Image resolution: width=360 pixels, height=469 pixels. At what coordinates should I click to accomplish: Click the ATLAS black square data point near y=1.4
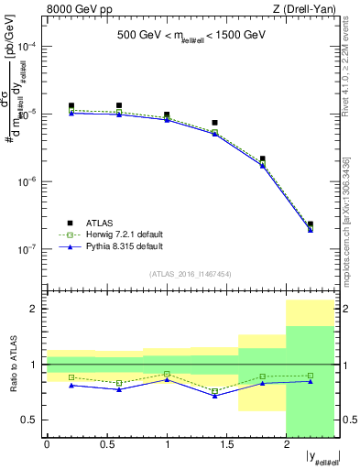(x=214, y=123)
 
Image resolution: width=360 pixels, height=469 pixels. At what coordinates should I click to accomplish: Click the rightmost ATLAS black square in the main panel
(x=311, y=224)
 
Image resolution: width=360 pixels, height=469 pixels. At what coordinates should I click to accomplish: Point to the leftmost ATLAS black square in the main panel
(x=71, y=106)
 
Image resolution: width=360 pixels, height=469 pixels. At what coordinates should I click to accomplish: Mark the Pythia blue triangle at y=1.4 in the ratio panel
(x=214, y=396)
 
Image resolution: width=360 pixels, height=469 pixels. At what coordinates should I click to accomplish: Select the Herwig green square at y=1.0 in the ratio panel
(x=167, y=374)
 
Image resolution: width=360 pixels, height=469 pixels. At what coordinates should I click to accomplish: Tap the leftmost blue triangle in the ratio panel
(x=71, y=385)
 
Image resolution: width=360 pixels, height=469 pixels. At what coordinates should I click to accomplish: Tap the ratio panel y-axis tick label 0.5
(x=31, y=420)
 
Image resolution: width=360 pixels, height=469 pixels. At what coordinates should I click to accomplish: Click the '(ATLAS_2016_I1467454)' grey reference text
(x=191, y=273)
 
